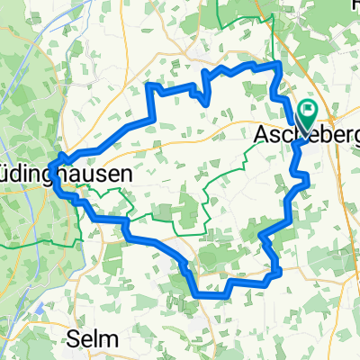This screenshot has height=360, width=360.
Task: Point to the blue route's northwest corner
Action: coord(149,85)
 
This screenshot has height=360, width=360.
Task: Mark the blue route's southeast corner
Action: coord(278,269)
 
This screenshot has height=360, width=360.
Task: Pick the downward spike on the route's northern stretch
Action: coord(209,101)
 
